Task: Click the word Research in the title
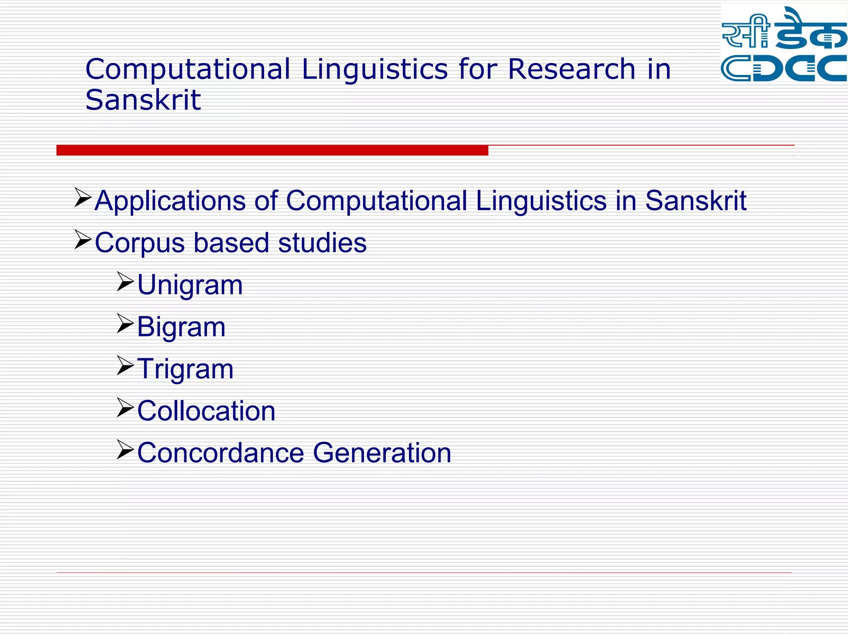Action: (x=571, y=69)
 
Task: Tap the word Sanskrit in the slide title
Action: (x=143, y=100)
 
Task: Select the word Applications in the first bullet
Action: (x=170, y=201)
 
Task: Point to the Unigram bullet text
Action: (x=190, y=285)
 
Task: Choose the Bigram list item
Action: (x=181, y=327)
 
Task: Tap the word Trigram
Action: (x=185, y=369)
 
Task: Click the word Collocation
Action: (x=206, y=411)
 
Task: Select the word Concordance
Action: (x=220, y=453)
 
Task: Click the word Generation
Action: (x=382, y=453)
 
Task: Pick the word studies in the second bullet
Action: (x=322, y=243)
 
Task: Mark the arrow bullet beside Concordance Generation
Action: (x=125, y=449)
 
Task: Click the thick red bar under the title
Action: (x=272, y=150)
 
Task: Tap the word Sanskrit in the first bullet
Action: (x=696, y=201)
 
